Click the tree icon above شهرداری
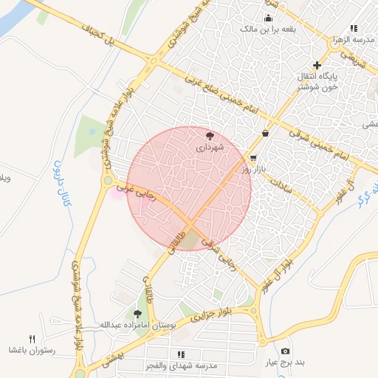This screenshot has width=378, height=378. coord(210,136)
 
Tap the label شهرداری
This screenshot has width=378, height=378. coord(210,148)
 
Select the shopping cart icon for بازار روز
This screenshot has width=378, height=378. coord(253,158)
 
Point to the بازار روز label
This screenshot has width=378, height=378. coord(253,170)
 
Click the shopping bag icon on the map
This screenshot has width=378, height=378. coord(264,133)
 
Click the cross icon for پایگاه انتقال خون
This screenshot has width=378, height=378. coord(317,65)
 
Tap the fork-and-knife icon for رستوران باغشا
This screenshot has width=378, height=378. coord(32,338)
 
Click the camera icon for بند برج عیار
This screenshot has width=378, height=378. coord(285,351)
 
